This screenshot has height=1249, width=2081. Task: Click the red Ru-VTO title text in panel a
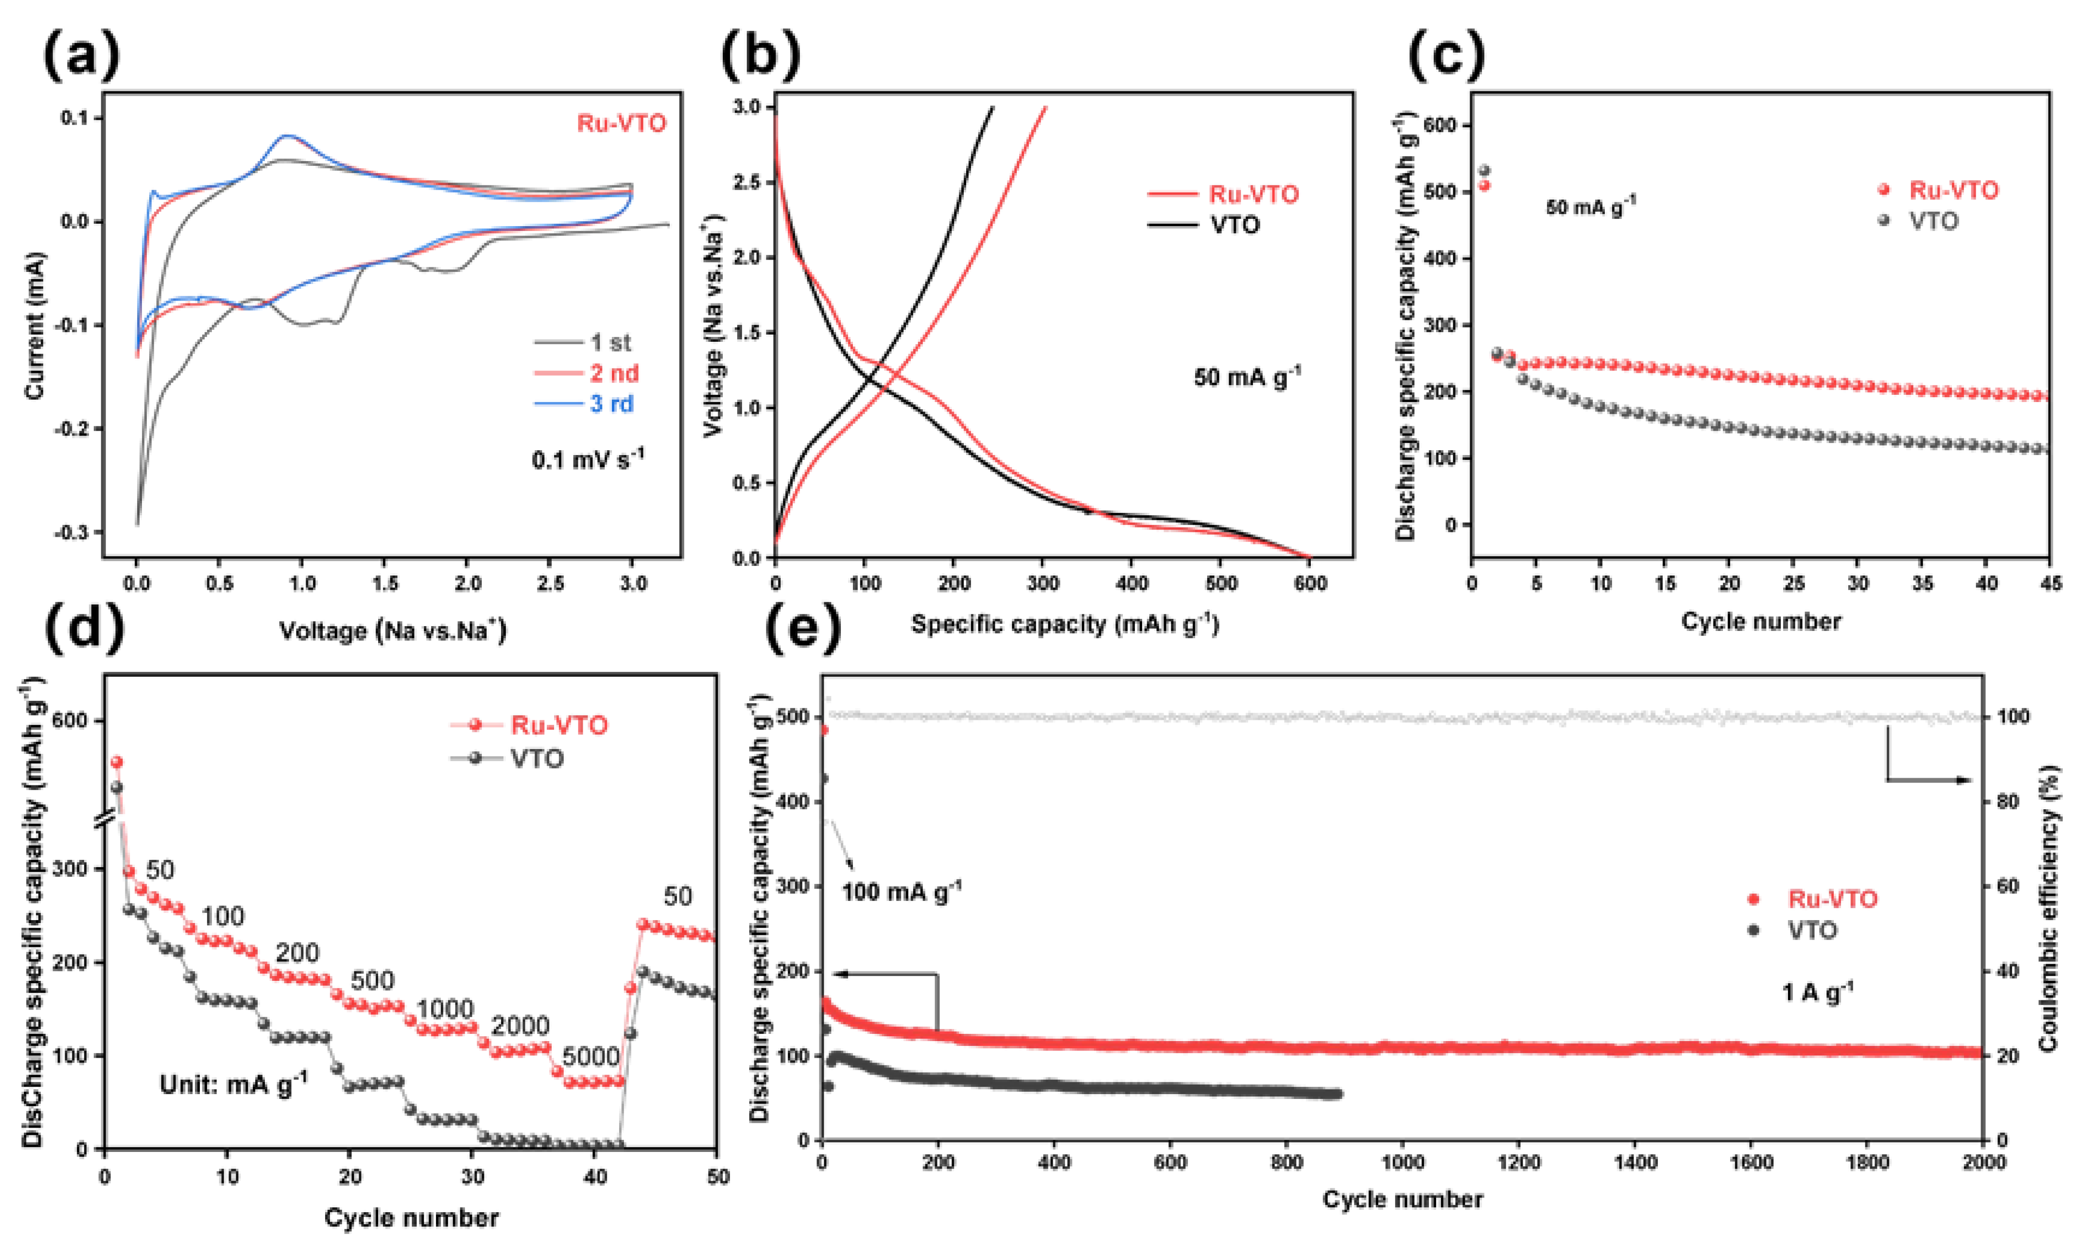(621, 124)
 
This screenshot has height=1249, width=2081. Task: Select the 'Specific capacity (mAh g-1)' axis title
(1065, 624)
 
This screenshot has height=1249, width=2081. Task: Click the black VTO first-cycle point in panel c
(1484, 171)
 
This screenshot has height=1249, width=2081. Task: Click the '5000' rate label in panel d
(591, 1055)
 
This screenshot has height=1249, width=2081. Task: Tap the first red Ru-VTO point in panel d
(117, 762)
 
